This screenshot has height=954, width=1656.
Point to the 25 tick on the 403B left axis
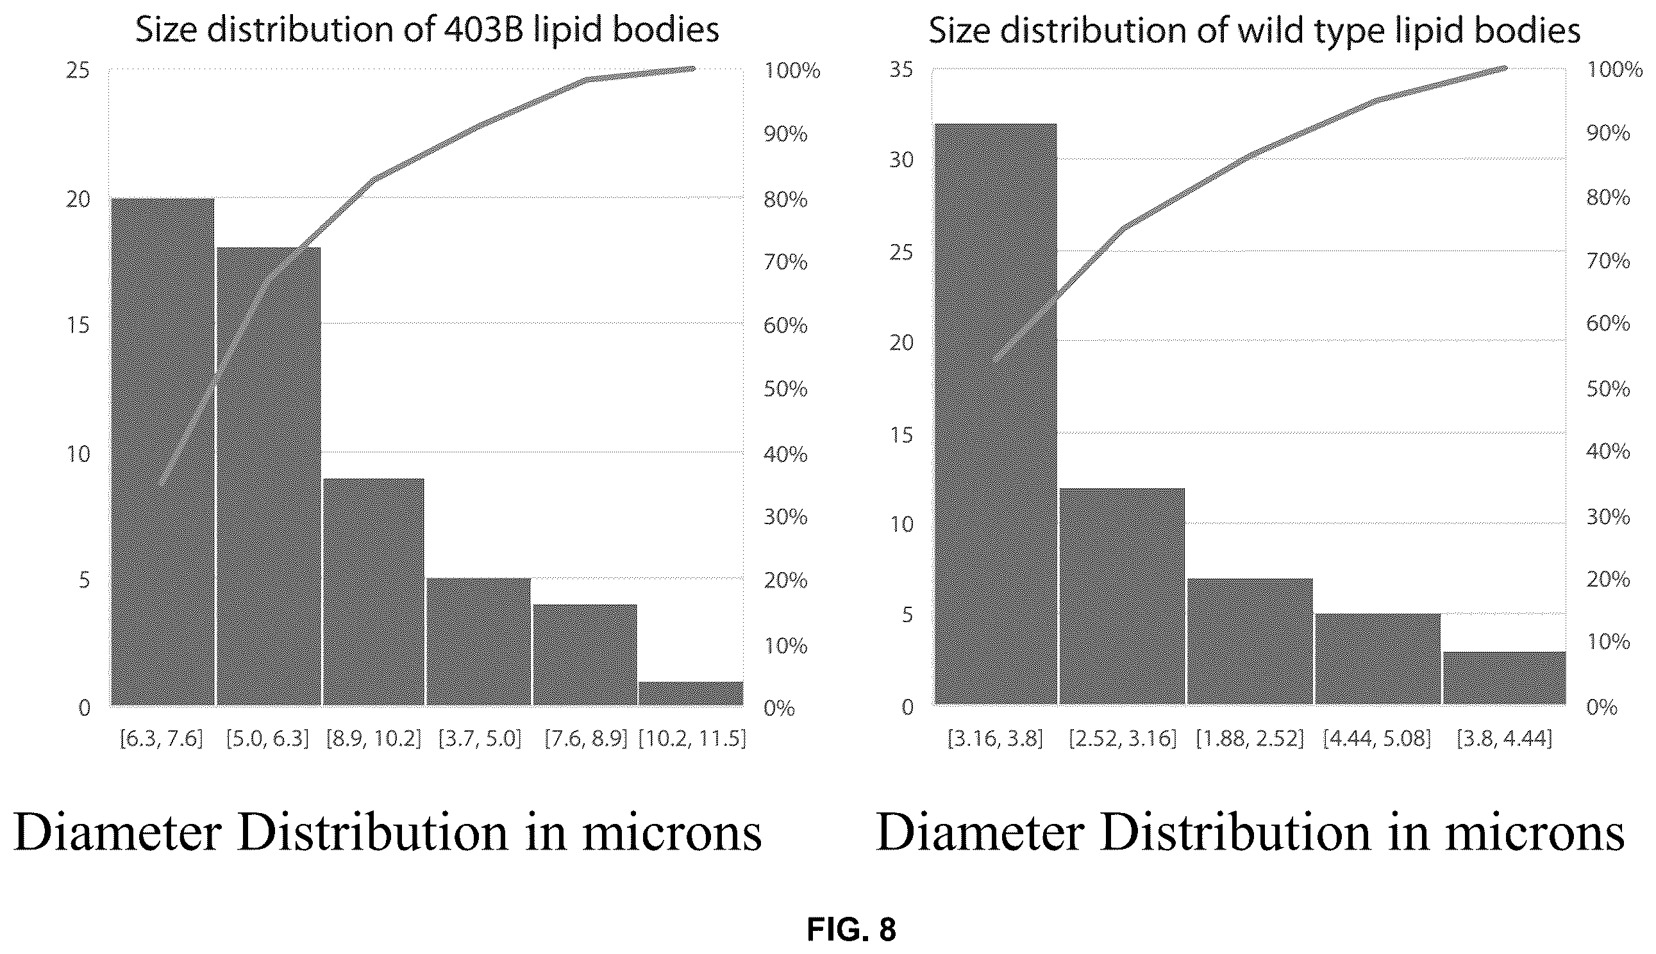tap(78, 70)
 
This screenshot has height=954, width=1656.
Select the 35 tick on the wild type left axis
tap(901, 69)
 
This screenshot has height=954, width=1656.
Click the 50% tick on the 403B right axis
tap(785, 389)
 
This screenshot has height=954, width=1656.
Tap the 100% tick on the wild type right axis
tap(1614, 69)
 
